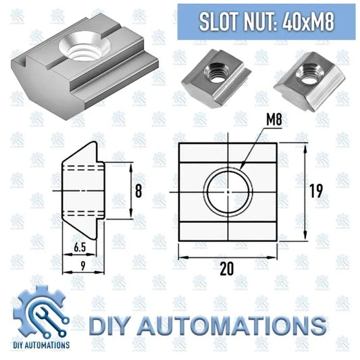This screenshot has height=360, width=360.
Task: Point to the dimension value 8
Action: [138, 191]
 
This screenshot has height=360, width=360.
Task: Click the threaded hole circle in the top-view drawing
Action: [230, 192]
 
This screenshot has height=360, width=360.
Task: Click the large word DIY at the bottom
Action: [111, 326]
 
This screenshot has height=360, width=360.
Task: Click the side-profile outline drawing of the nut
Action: [82, 191]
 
